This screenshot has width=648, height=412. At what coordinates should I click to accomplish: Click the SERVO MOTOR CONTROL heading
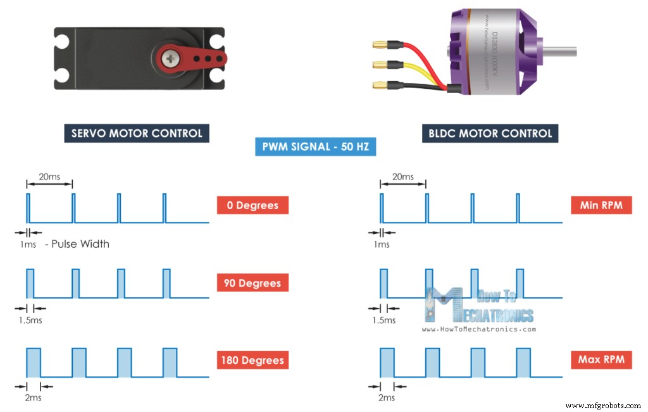click(x=137, y=133)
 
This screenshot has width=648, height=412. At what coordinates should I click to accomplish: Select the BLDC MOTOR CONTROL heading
click(x=490, y=133)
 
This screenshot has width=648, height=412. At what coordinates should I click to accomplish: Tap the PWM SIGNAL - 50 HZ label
click(x=316, y=147)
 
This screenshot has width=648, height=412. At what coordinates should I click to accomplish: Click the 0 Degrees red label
click(x=252, y=205)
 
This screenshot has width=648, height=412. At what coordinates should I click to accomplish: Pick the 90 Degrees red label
click(x=252, y=283)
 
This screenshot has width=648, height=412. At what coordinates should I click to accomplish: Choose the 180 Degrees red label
click(x=252, y=361)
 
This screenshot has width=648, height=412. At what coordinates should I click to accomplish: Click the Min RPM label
click(x=601, y=205)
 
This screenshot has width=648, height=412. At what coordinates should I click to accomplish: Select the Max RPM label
click(x=601, y=360)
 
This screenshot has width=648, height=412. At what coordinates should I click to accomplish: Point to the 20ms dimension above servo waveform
click(x=49, y=177)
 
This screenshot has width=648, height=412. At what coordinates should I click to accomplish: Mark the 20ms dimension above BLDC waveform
click(x=403, y=177)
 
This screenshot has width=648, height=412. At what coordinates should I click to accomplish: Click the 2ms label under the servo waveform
click(x=34, y=397)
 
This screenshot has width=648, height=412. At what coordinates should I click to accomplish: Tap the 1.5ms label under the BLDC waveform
click(x=384, y=320)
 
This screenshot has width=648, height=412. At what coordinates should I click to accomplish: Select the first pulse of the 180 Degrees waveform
click(x=34, y=363)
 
